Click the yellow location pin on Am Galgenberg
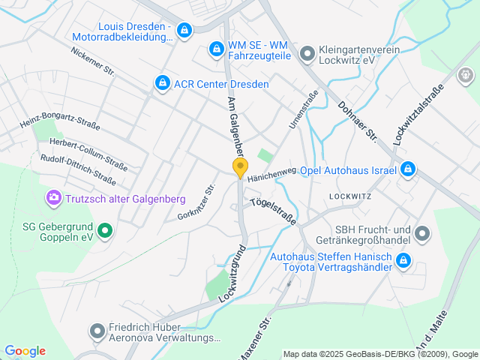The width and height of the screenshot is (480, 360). click(x=240, y=168)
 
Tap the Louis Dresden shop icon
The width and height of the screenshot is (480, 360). click(x=184, y=31)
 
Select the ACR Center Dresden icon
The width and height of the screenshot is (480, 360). click(x=161, y=83)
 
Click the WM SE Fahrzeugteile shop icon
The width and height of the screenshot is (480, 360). click(x=216, y=49)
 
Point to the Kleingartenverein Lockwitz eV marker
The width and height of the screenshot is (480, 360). click(x=306, y=53)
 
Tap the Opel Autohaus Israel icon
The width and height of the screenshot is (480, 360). click(x=407, y=169)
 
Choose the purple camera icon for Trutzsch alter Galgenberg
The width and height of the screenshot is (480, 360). click(x=53, y=199)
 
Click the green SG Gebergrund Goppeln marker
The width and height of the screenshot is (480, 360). click(x=105, y=230)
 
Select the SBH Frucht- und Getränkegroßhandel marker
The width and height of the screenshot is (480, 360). click(x=421, y=234)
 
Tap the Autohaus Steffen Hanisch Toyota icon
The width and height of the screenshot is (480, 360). click(x=403, y=261)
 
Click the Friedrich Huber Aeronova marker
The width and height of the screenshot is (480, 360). click(x=97, y=331)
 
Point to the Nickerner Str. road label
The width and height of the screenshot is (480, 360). click(x=92, y=61)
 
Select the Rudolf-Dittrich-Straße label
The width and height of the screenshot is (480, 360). click(x=78, y=169)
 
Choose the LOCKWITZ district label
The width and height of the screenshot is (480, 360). click(x=350, y=196)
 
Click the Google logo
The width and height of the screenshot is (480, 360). click(x=25, y=351)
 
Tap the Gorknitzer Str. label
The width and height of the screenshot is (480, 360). click(x=196, y=202)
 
